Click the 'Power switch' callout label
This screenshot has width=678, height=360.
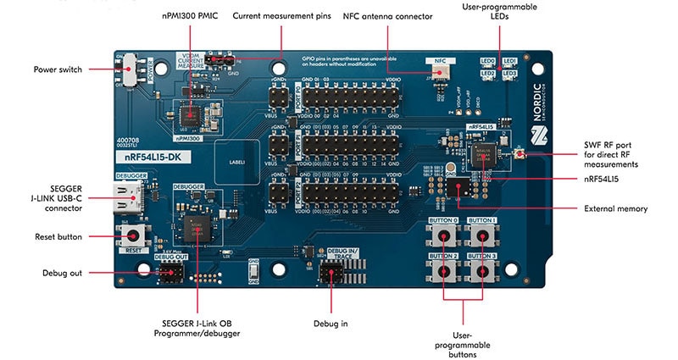pyautogui.click(x=58, y=69)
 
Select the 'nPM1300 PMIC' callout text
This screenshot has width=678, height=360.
pyautogui.click(x=190, y=15)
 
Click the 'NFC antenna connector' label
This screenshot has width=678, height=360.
pyautogui.click(x=386, y=15)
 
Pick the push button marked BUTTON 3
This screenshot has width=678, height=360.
pyautogui.click(x=483, y=269)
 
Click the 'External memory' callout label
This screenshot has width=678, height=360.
pyautogui.click(x=615, y=208)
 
